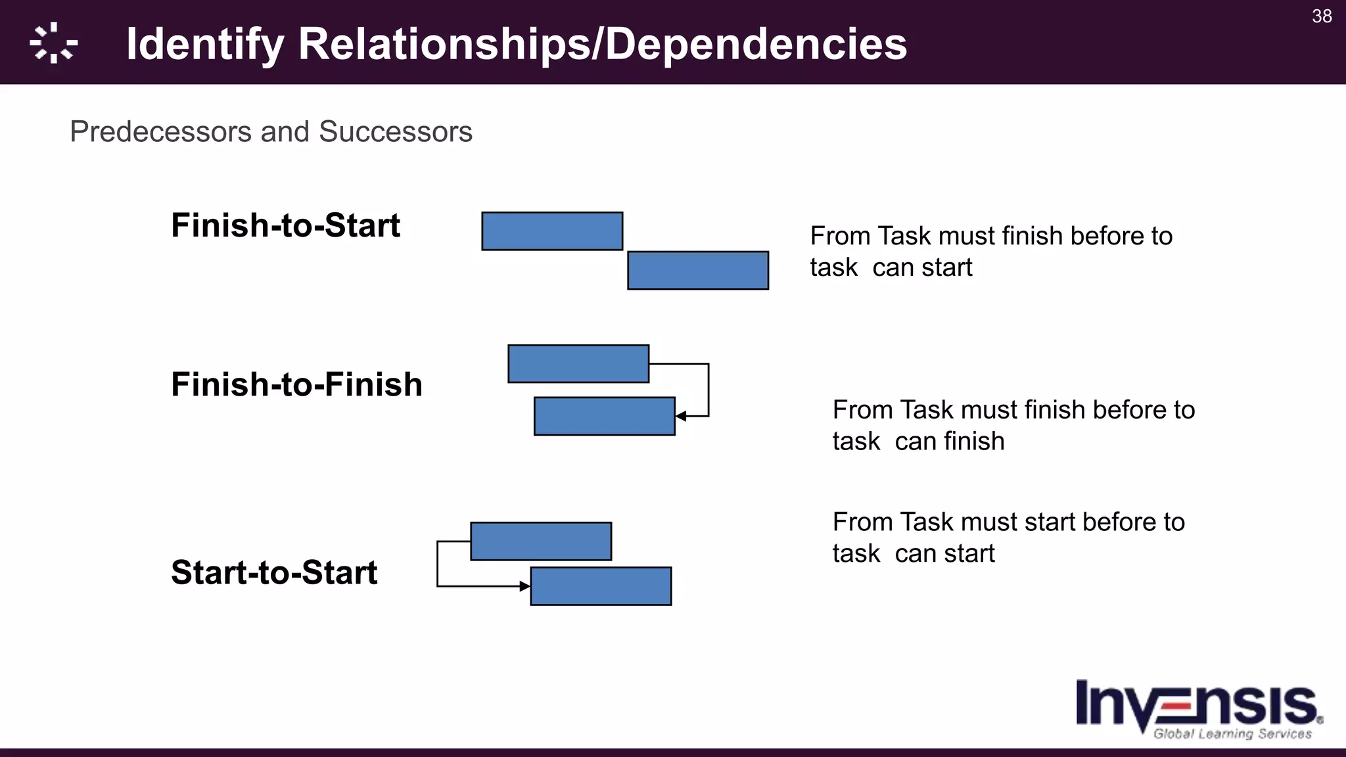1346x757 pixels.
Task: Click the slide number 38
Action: pyautogui.click(x=1322, y=16)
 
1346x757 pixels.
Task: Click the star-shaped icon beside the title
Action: pyautogui.click(x=54, y=43)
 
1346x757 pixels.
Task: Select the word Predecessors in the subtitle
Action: pyautogui.click(x=161, y=131)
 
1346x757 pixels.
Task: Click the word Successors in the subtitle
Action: pyautogui.click(x=396, y=131)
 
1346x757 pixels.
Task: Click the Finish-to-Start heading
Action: pyautogui.click(x=285, y=225)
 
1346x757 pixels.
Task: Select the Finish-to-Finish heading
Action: pyautogui.click(x=296, y=384)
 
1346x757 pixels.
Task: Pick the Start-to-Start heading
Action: pyautogui.click(x=274, y=572)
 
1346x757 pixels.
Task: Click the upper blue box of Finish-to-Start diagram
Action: pyautogui.click(x=552, y=231)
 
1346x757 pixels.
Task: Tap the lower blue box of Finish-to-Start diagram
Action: pyautogui.click(x=698, y=270)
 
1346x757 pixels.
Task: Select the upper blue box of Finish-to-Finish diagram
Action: pyautogui.click(x=578, y=363)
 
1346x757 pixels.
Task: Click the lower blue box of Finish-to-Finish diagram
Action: pyautogui.click(x=605, y=416)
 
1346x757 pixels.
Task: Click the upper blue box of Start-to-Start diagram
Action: pyautogui.click(x=541, y=541)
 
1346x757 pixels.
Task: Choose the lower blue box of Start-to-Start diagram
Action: pyautogui.click(x=601, y=586)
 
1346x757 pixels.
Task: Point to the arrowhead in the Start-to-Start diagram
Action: pyautogui.click(x=524, y=586)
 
